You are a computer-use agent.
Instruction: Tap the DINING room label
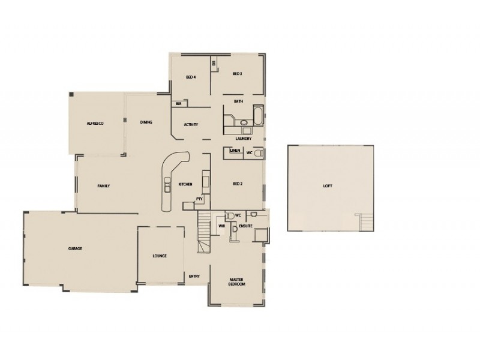click(x=146, y=122)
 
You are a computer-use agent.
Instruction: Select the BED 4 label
click(x=191, y=77)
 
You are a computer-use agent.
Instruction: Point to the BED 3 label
click(x=237, y=74)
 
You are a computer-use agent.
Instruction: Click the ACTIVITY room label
click(x=191, y=125)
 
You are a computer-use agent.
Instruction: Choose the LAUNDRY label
click(x=243, y=139)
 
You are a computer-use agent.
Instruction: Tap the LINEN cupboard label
click(x=235, y=151)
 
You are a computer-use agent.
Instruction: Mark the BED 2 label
click(x=238, y=184)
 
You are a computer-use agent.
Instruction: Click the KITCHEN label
click(x=185, y=184)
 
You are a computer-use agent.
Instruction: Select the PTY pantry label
click(x=199, y=198)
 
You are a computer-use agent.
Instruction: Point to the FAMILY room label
click(x=104, y=187)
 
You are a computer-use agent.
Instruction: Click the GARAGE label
click(x=75, y=248)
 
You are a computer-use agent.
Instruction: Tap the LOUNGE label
click(x=160, y=256)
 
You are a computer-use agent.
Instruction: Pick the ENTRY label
click(x=194, y=276)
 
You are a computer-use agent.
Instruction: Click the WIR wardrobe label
click(x=221, y=226)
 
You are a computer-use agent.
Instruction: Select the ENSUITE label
click(x=246, y=226)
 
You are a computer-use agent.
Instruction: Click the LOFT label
click(x=327, y=186)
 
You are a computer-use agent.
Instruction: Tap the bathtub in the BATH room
click(x=257, y=115)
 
